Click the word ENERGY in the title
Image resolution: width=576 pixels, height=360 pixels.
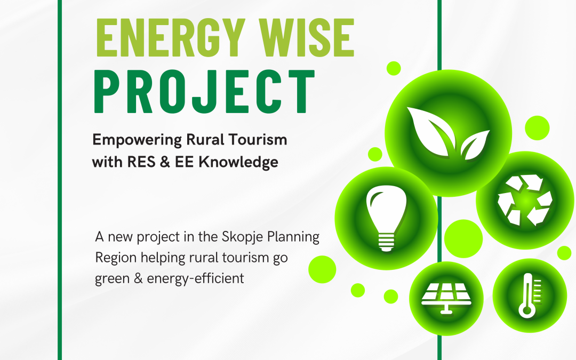(171, 37)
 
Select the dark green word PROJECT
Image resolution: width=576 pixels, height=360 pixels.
(204, 92)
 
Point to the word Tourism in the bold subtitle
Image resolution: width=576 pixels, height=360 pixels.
(258, 140)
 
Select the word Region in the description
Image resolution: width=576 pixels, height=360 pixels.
(116, 258)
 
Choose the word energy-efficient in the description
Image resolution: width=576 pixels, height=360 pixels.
(195, 279)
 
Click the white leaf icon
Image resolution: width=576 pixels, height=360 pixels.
(448, 132)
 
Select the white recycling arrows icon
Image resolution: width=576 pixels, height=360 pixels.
(525, 199)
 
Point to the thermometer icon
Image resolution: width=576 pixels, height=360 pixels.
(529, 295)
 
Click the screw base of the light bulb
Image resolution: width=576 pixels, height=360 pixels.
(386, 242)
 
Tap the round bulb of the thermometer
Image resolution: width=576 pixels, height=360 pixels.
(527, 311)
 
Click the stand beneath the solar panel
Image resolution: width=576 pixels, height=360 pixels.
(446, 309)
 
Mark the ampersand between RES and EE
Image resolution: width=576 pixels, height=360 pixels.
(165, 162)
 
